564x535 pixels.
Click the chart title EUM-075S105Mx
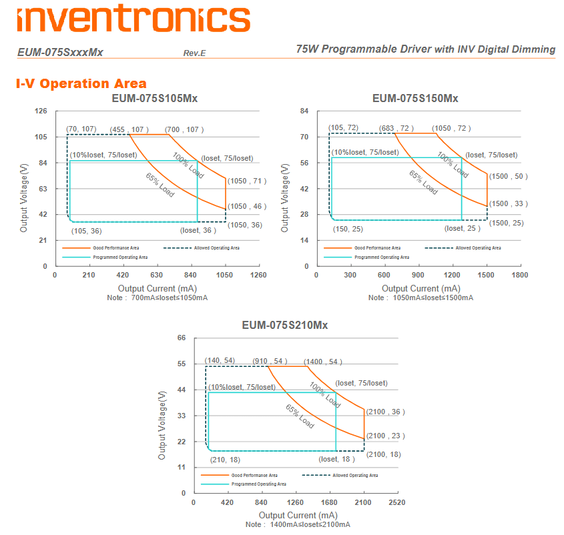154,99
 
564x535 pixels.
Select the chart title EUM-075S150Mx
415,99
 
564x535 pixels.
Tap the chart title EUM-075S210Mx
285,326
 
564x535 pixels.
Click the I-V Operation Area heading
81,83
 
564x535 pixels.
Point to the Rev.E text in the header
194,53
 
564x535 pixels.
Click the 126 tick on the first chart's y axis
41,111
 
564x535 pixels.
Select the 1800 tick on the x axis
519,275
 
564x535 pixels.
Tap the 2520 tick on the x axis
398,502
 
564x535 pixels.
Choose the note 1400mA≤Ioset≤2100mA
298,524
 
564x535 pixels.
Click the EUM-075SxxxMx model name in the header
60,52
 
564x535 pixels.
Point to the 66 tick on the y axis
181,338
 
